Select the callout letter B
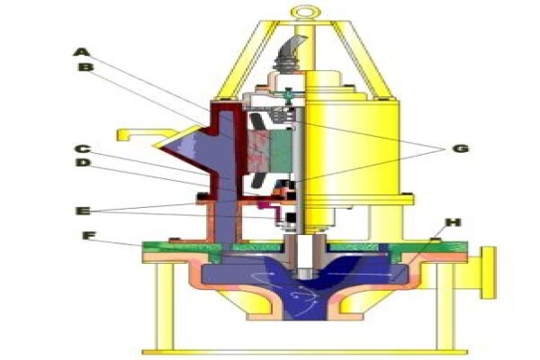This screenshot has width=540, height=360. pos(85,67)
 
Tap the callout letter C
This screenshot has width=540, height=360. pos(83,149)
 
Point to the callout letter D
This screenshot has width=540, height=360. pos(83,162)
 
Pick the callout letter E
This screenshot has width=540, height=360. pos(83,210)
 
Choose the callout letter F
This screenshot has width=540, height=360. pos(89,236)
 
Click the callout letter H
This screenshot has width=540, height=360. pos(454,222)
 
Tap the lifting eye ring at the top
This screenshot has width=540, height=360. pos(306,13)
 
